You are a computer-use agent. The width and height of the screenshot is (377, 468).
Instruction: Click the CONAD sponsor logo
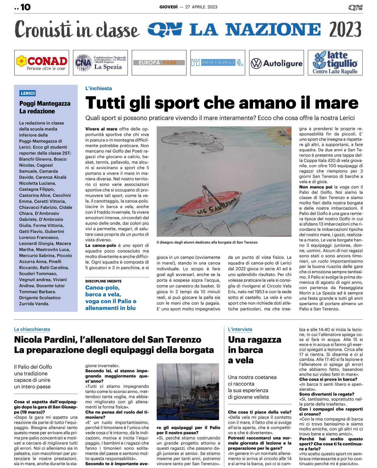42,63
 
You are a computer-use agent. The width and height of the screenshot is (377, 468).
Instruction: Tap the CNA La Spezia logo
100,63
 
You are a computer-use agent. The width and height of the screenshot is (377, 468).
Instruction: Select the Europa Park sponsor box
159,63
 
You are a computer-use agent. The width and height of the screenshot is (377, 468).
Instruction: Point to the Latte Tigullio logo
335,63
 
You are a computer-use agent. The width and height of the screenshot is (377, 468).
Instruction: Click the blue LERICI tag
28,93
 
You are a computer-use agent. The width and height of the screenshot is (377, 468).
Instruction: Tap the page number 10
25,7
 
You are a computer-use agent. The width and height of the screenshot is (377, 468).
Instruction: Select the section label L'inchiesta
99,88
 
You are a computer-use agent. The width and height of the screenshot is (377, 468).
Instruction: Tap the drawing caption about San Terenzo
207,242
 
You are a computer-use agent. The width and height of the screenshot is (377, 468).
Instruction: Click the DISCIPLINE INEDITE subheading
103,281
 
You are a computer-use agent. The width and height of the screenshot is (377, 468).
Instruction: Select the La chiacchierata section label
32,329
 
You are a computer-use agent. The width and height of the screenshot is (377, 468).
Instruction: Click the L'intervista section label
240,329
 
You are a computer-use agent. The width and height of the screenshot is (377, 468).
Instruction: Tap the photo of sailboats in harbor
188,391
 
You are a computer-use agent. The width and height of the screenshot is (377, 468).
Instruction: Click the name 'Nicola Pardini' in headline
45,339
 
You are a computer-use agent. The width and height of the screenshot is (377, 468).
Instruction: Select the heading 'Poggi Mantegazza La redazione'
45,107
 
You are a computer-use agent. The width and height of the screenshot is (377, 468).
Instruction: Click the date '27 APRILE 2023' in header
201,7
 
